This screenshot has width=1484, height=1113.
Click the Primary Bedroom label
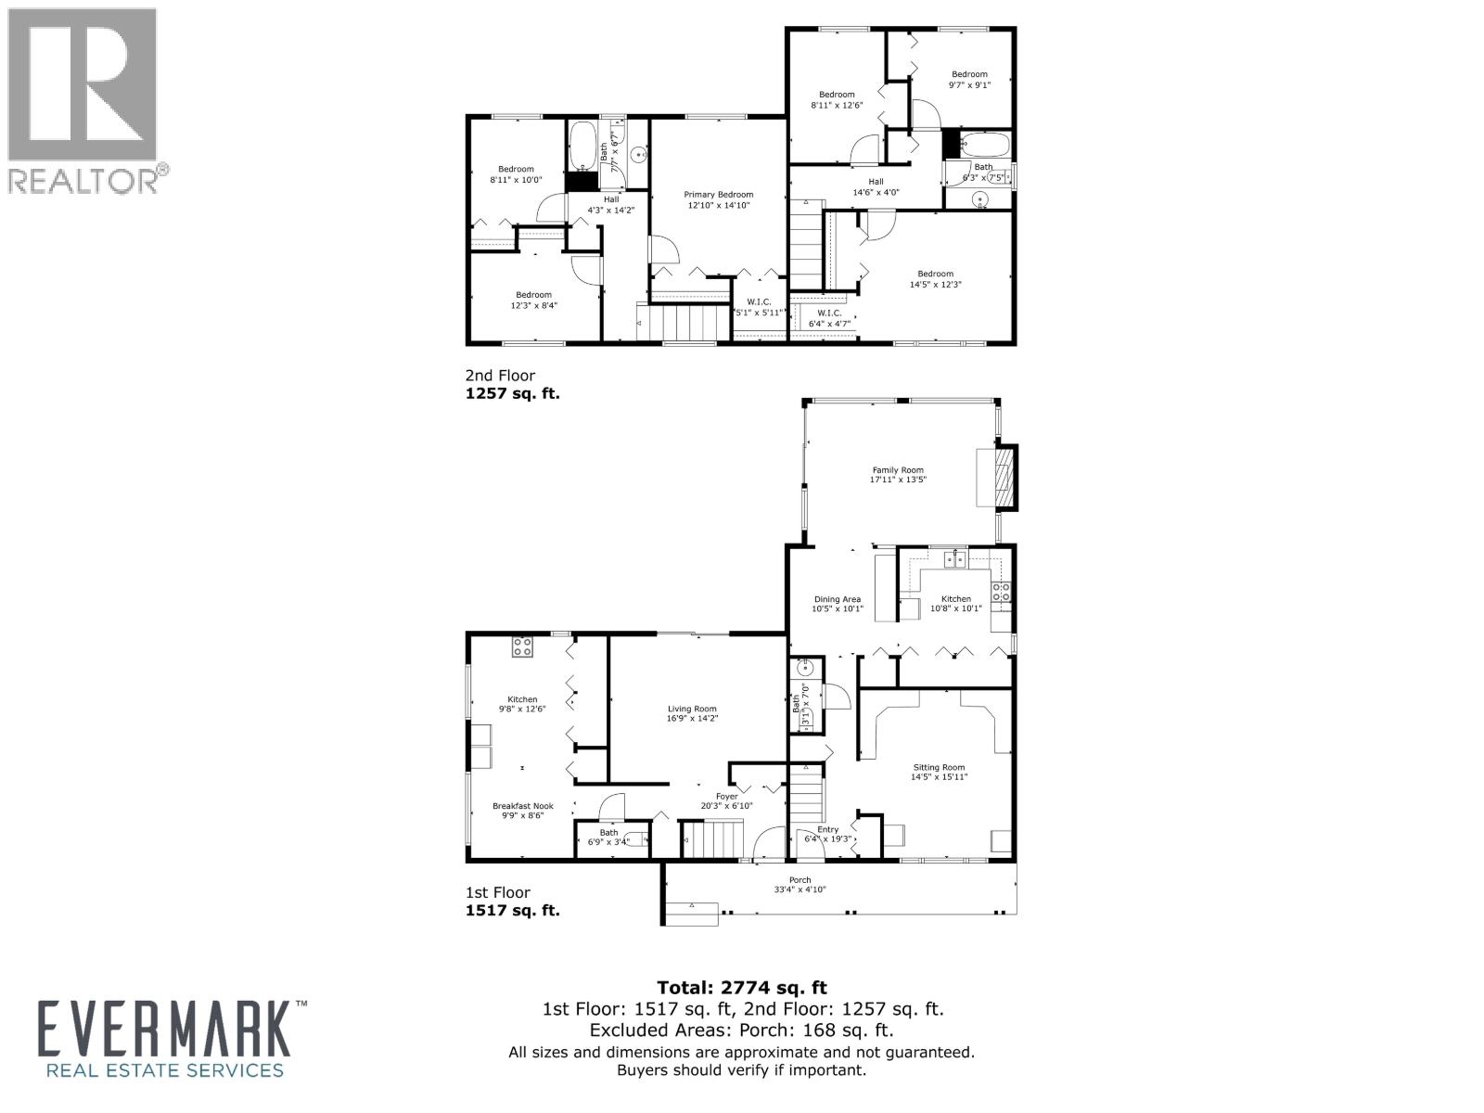(x=718, y=195)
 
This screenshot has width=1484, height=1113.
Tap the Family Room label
(x=898, y=470)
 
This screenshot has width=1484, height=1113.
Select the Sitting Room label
(x=939, y=767)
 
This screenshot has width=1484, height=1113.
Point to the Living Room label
(x=692, y=709)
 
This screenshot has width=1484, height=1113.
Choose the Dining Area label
(x=838, y=599)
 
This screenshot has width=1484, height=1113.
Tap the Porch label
(x=800, y=880)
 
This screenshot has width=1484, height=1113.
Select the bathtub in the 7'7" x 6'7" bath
(x=584, y=146)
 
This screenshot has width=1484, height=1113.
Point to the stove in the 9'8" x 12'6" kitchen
(x=522, y=646)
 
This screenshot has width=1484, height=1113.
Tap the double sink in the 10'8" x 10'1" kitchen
(x=954, y=558)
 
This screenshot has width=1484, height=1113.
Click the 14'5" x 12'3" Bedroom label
(x=935, y=274)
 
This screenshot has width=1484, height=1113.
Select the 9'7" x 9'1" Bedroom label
(x=969, y=74)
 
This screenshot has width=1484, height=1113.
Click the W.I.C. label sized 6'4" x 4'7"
(x=827, y=313)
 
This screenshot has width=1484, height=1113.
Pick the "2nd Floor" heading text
(x=500, y=376)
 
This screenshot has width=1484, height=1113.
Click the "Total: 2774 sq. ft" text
(x=741, y=988)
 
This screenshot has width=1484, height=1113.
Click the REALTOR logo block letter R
(x=82, y=83)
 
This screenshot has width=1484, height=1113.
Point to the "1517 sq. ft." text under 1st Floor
(x=512, y=910)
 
